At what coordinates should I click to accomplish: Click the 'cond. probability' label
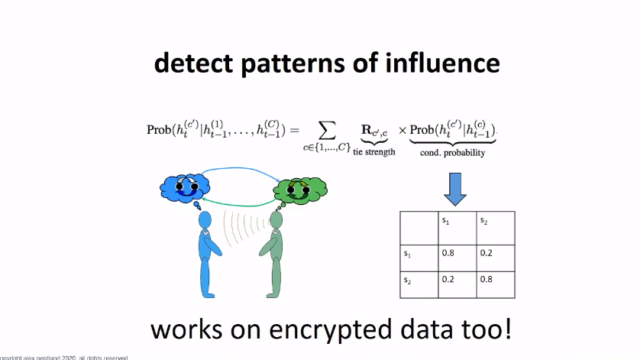pyautogui.click(x=451, y=152)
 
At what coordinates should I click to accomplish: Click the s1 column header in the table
pyautogui.click(x=446, y=222)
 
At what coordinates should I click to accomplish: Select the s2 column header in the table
pyautogui.click(x=483, y=222)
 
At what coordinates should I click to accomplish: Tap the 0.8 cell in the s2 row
pyautogui.click(x=487, y=281)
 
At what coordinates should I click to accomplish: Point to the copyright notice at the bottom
pyautogui.click(x=64, y=357)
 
